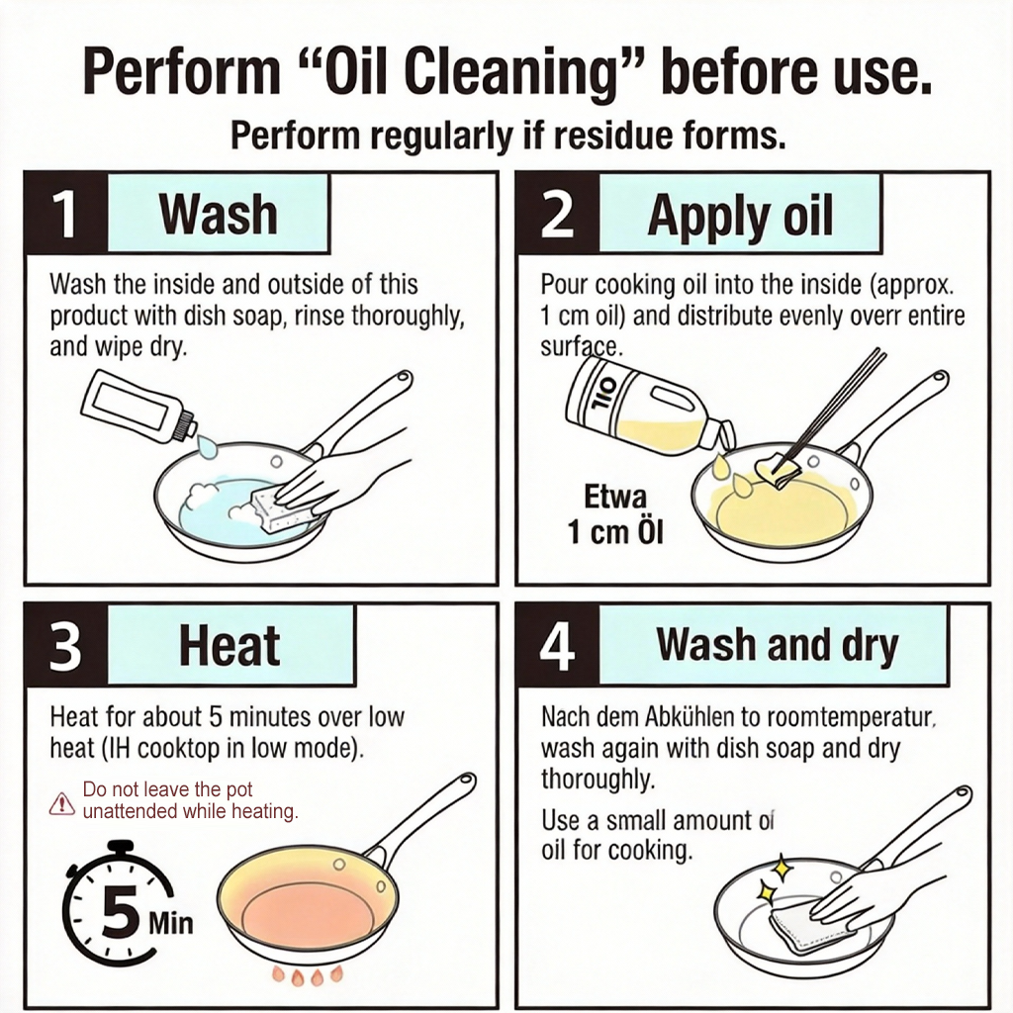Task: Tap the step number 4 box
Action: (x=558, y=644)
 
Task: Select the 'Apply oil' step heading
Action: (x=740, y=215)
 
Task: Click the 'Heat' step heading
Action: (x=230, y=645)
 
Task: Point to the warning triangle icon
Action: (x=62, y=803)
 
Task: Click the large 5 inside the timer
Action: (x=120, y=911)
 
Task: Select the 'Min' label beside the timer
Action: (x=170, y=923)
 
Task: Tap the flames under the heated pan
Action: (x=307, y=975)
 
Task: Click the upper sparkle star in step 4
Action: (x=783, y=868)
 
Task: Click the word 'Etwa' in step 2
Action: (x=615, y=497)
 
